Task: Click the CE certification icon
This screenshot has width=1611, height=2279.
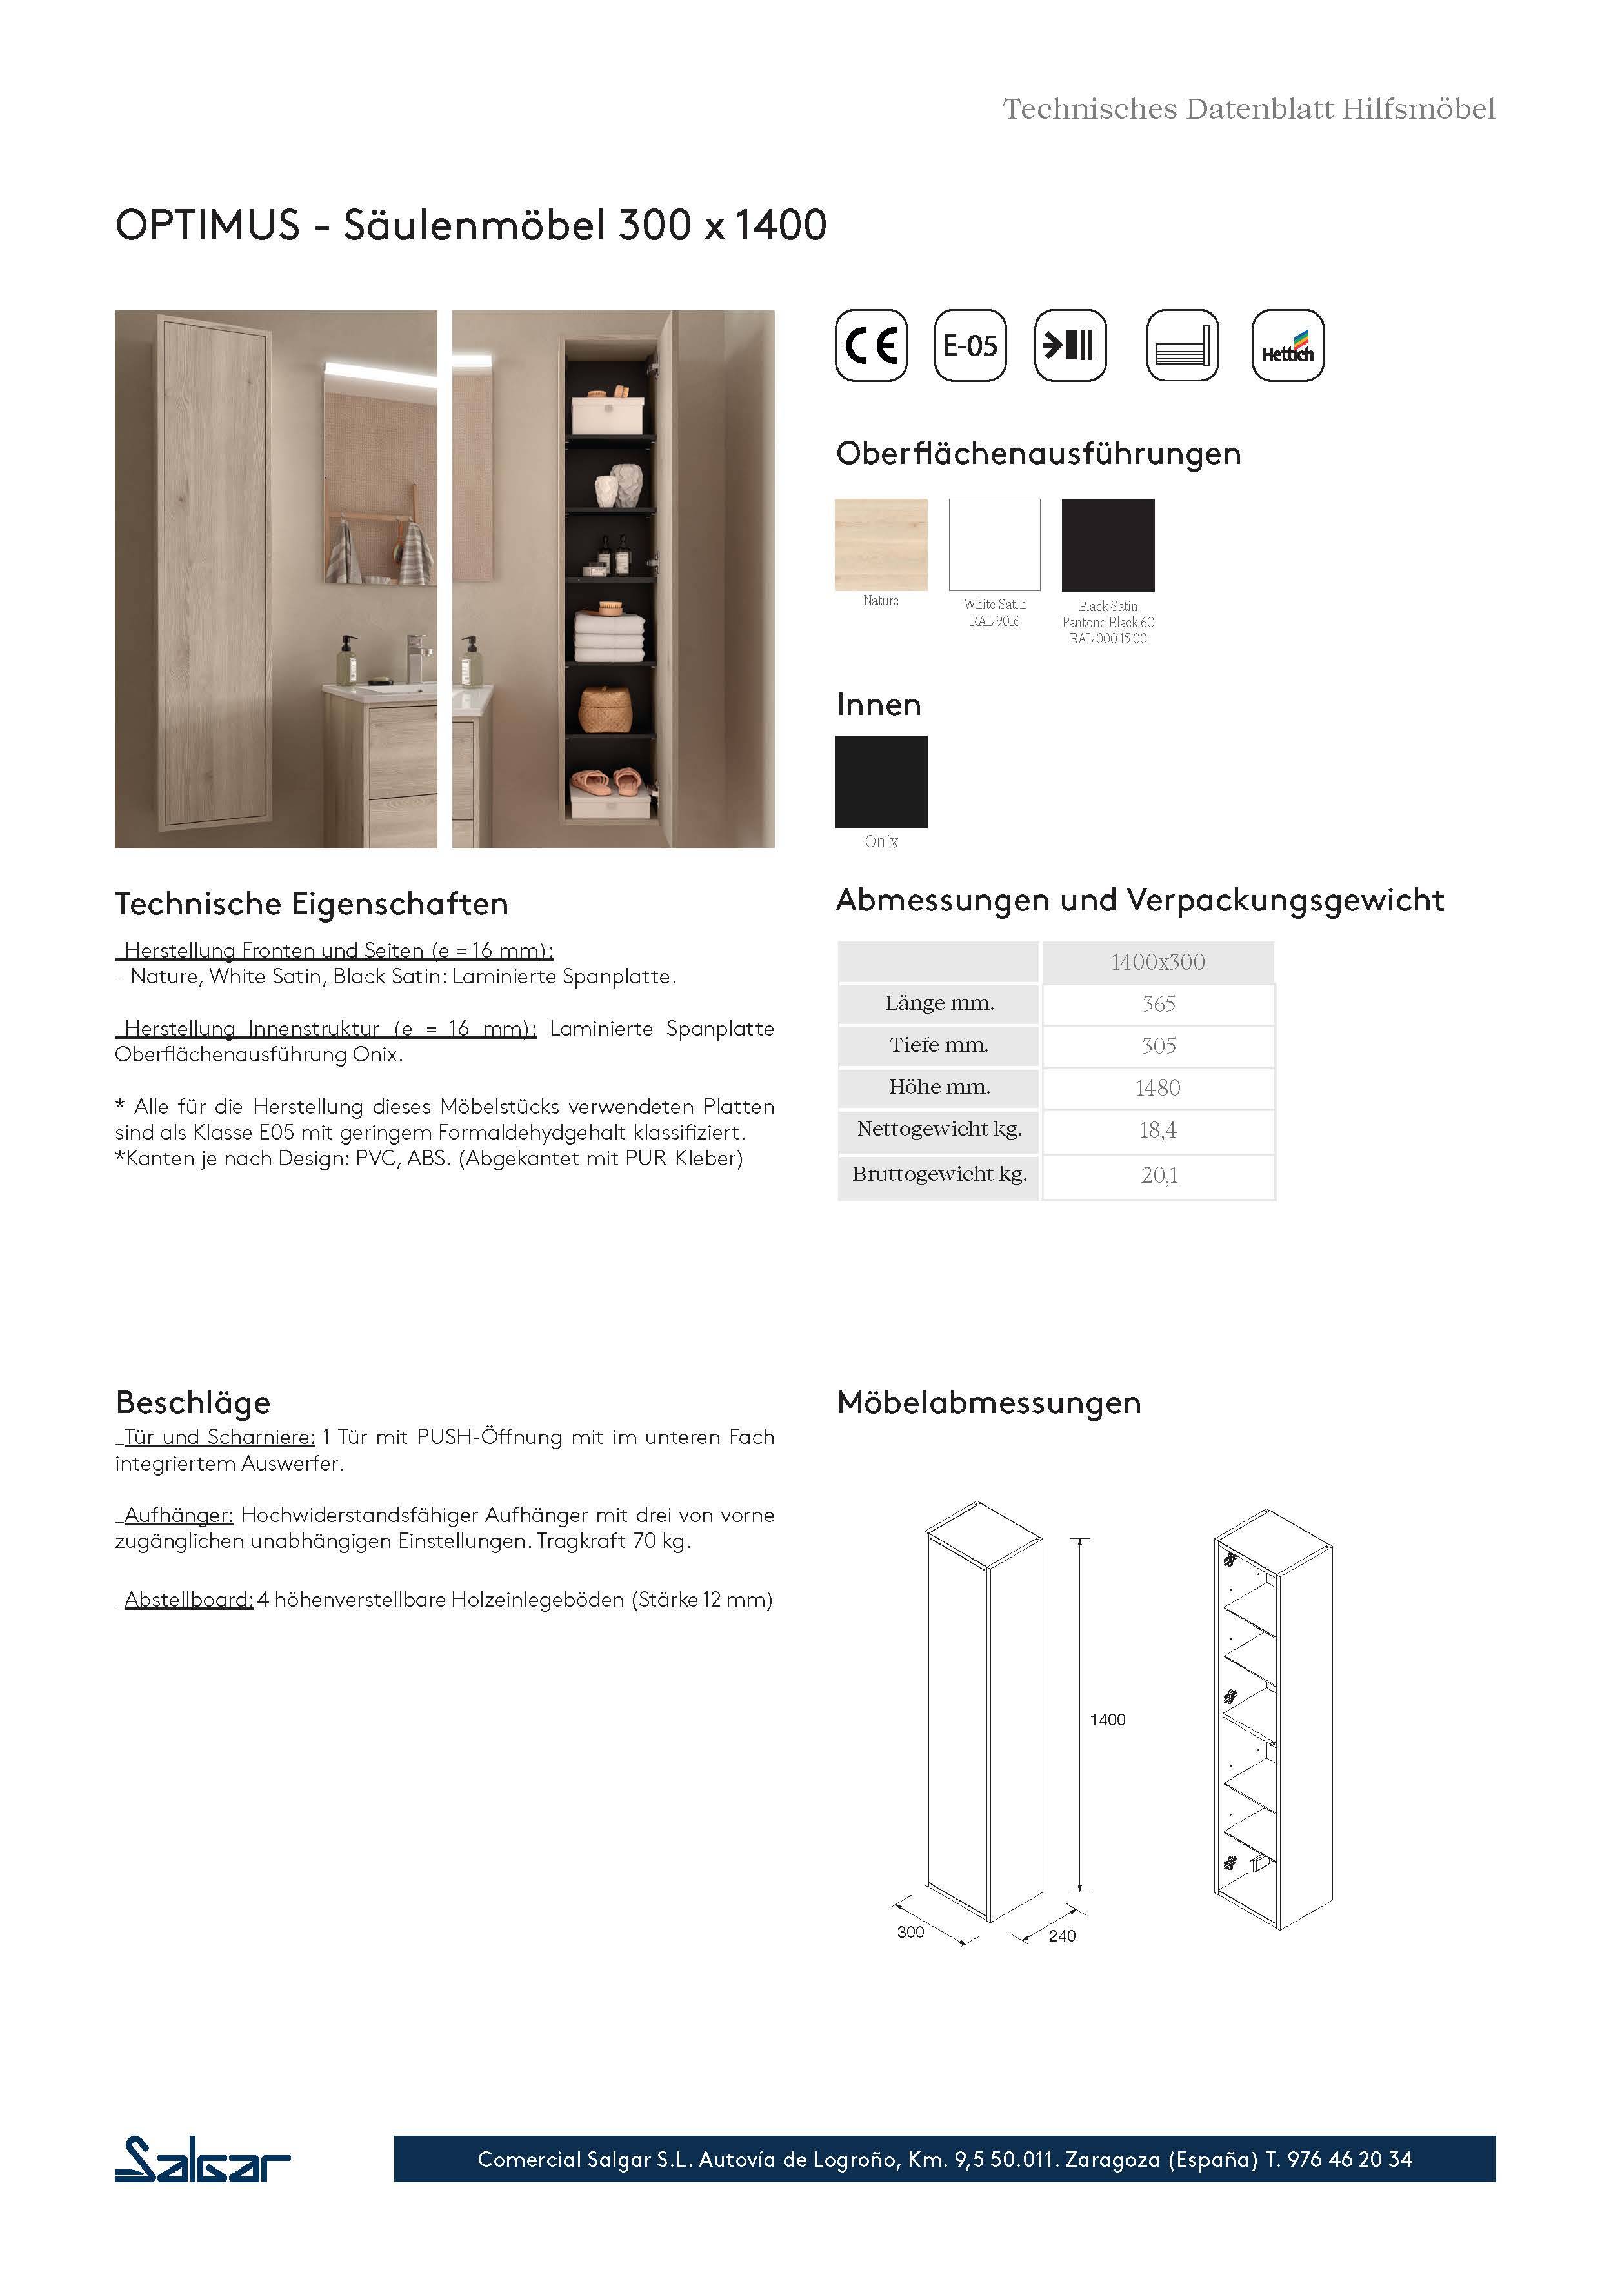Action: coord(870,345)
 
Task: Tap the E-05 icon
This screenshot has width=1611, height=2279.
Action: coord(970,345)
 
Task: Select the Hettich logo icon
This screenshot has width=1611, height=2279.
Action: coord(1287,345)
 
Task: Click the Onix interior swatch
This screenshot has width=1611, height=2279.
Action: coord(881,781)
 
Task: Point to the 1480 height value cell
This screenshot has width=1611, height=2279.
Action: coord(1157,1088)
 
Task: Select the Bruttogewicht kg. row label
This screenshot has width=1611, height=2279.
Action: coord(938,1174)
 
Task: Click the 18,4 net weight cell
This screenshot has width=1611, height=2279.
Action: coord(1157,1130)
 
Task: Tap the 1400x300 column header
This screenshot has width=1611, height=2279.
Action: coord(1157,962)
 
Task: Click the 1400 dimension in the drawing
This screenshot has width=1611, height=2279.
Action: coord(1106,1720)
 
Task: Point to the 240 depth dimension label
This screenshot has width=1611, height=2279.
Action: coord(1061,1936)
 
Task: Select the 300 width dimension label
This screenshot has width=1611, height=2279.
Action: coord(910,1933)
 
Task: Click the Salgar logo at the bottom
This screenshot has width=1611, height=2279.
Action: coord(203,2160)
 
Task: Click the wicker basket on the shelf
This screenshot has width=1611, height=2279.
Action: coord(605,708)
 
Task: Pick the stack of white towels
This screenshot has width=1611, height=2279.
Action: coord(610,636)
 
